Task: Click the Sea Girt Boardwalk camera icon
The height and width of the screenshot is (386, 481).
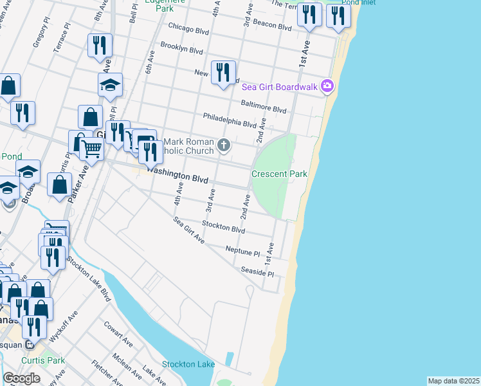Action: [x=327, y=86]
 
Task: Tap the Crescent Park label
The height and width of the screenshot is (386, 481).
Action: [x=279, y=174]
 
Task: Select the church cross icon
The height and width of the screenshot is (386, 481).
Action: [x=224, y=144]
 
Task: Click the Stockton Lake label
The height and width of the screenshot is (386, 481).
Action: [x=188, y=364]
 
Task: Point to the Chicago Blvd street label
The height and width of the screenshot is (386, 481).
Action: [x=190, y=28]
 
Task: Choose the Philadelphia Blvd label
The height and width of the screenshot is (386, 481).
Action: [x=230, y=120]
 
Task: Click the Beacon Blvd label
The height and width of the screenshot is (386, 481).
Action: [x=273, y=27]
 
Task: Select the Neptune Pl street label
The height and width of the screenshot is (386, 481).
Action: [x=242, y=250]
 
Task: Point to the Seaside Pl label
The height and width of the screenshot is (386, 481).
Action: [x=257, y=271]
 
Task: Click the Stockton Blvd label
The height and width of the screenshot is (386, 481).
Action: [x=224, y=227]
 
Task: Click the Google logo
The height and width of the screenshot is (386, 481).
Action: [x=21, y=378]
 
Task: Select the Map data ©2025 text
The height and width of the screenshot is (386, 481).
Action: [x=453, y=381]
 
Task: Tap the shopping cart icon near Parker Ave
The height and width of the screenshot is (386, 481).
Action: [x=92, y=149]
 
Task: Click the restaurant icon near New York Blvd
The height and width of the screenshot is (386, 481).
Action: [x=223, y=71]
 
